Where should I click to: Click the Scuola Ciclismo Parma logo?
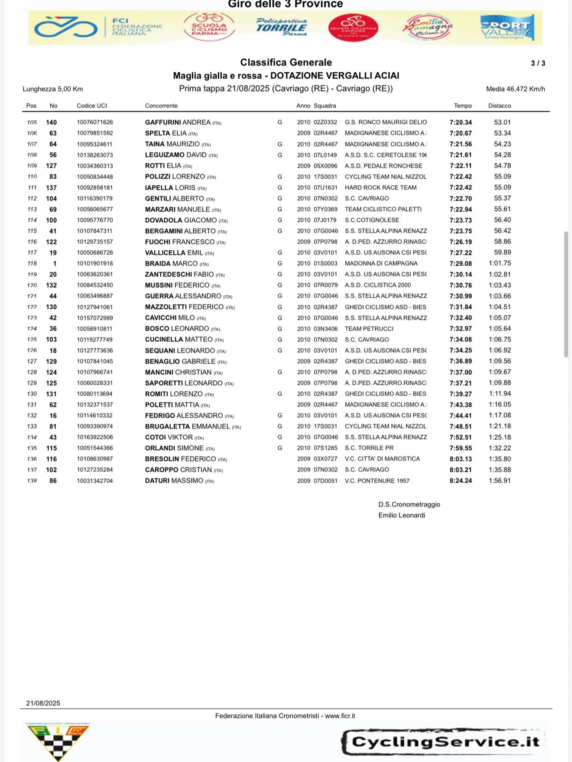coord(209,27)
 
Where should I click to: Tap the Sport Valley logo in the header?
coord(507,27)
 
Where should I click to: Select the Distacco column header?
coord(500,106)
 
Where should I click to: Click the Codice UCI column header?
coord(92,106)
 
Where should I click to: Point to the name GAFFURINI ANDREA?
coord(178,123)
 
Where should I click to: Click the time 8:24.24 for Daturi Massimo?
coord(461,481)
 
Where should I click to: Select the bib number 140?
coord(52,123)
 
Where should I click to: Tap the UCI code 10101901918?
coord(95,263)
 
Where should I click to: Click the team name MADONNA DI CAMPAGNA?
coord(381,263)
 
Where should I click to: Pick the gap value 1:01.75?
coord(500,263)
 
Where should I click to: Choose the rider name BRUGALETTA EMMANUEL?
coord(187,426)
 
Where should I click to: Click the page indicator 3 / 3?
coord(538,63)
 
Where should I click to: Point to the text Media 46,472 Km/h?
coord(515,89)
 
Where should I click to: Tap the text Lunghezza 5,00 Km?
coord(53,89)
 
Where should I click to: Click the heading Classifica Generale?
coord(286,62)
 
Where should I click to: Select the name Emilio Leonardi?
coord(402,515)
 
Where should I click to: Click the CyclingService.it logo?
coord(444,742)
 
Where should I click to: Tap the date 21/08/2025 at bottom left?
coord(43,703)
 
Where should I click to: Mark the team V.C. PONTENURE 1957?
coord(377,481)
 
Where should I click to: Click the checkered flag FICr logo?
coord(58,741)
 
